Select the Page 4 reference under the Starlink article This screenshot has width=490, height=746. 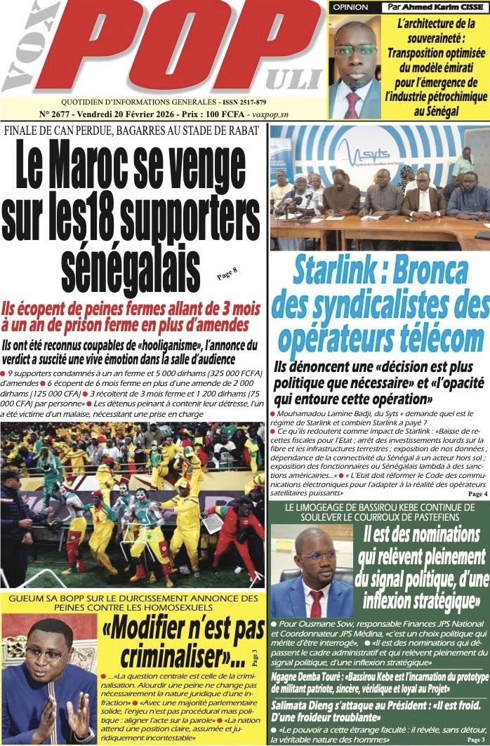[477, 494]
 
